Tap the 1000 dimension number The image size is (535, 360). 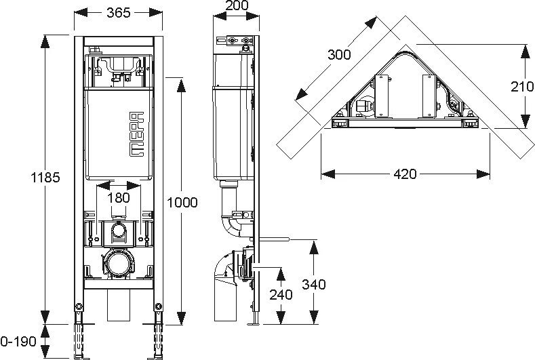pos(181,202)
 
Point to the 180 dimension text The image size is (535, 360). pos(119,197)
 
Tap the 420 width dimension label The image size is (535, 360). pos(405,174)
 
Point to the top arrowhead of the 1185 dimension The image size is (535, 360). pos(45,38)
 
